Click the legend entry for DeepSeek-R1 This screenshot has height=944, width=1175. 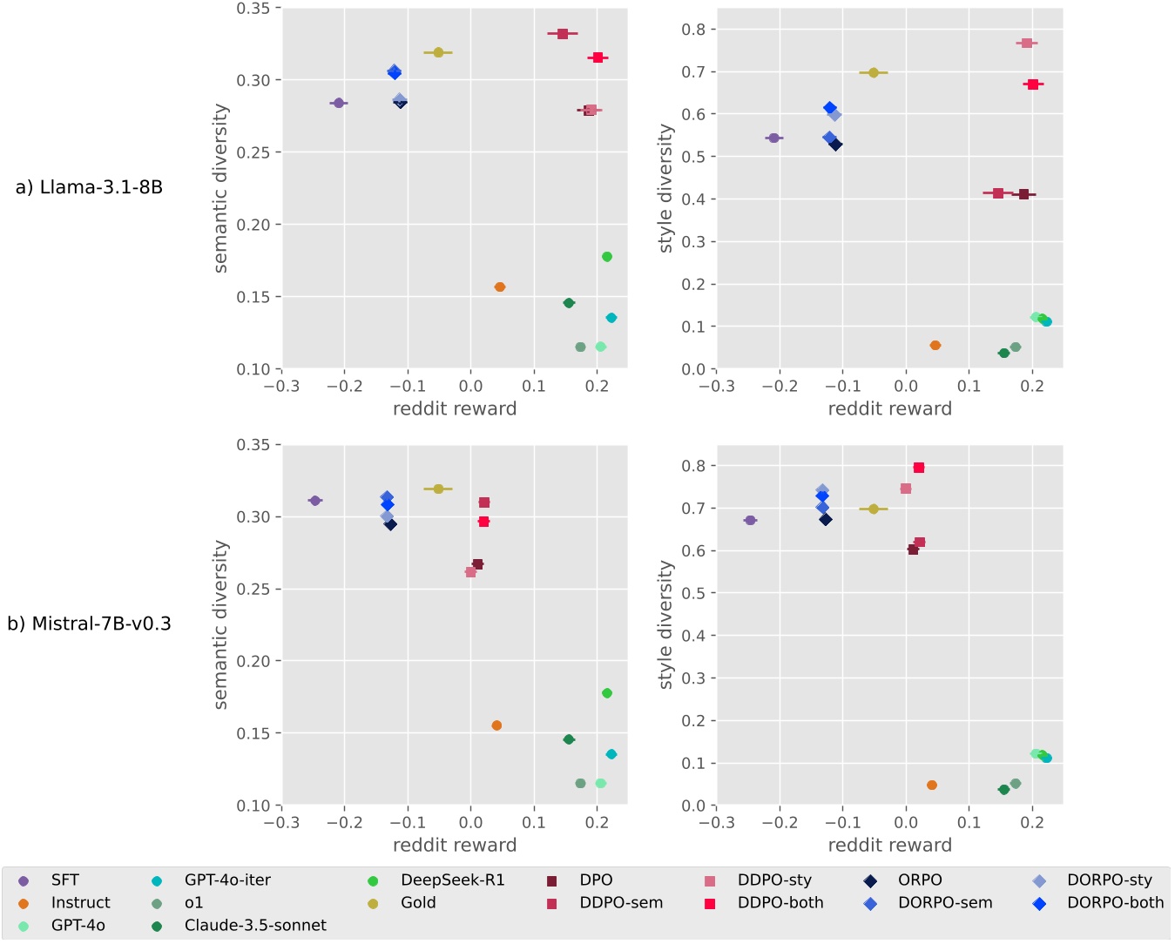click(x=452, y=880)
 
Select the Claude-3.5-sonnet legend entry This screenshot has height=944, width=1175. click(x=255, y=926)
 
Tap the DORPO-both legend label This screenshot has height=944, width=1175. click(x=1115, y=903)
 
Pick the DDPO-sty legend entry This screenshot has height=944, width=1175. click(x=774, y=880)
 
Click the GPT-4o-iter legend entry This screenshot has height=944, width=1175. click(x=227, y=880)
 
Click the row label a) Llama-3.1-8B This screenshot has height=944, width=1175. click(x=89, y=187)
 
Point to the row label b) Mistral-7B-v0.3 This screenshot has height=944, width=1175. click(x=89, y=624)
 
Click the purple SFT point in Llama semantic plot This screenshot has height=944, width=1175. click(x=339, y=103)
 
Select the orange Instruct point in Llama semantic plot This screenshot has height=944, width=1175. click(x=500, y=287)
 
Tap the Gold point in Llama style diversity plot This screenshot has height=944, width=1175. click(x=874, y=72)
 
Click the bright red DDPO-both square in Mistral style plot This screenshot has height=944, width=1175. click(x=919, y=468)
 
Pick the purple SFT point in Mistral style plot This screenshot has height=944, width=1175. click(x=750, y=520)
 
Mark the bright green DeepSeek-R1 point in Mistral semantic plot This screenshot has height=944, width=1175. click(x=607, y=693)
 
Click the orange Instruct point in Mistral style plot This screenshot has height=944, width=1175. click(x=932, y=785)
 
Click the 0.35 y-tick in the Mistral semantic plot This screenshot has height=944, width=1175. click(x=253, y=445)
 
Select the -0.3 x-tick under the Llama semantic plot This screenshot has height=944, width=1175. click(x=280, y=386)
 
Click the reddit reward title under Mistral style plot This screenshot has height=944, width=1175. click(x=889, y=845)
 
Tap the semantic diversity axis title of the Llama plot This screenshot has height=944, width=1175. click(x=220, y=188)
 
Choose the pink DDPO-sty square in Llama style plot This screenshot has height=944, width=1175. click(x=1026, y=43)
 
